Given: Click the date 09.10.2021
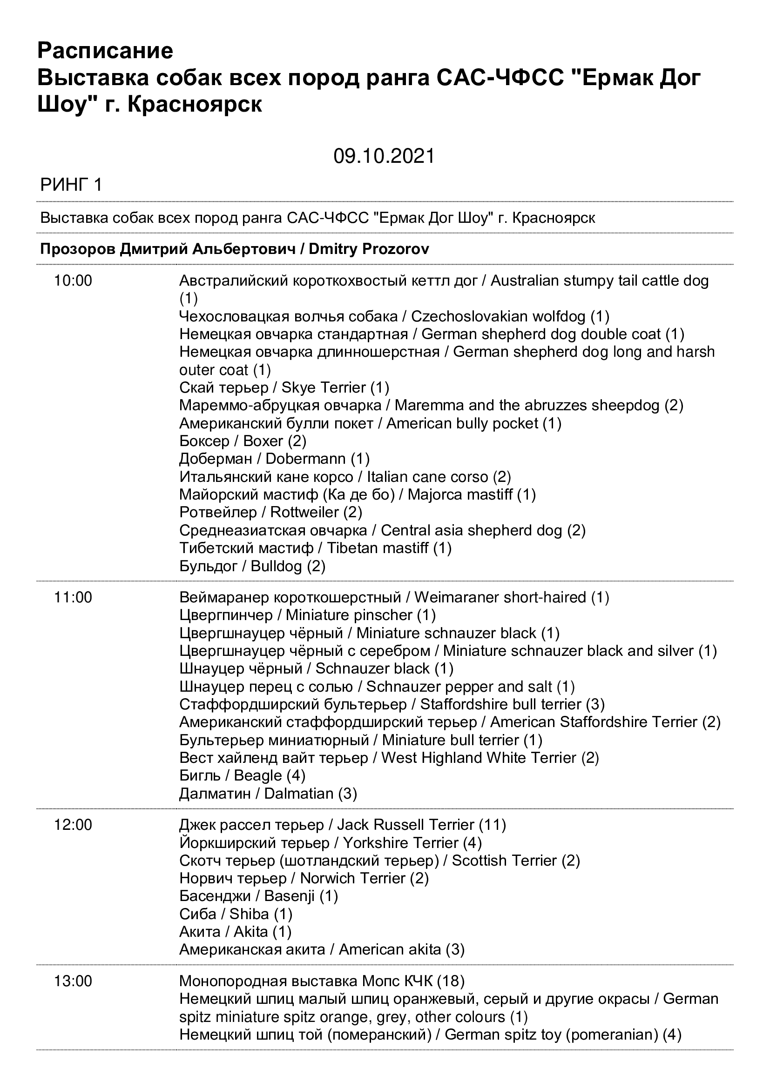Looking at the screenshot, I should (x=384, y=156).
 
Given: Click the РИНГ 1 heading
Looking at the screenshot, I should (x=71, y=185).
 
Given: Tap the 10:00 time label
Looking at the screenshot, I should (x=73, y=281).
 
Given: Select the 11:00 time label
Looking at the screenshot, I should (x=73, y=598).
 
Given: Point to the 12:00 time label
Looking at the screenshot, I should (x=73, y=825).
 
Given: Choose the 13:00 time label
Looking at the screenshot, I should (x=73, y=981).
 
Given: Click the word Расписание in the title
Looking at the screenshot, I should (x=105, y=51).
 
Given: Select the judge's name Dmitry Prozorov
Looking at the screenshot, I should (x=369, y=249).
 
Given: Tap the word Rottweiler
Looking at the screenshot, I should (x=304, y=512).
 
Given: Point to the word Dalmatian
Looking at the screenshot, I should (x=299, y=794).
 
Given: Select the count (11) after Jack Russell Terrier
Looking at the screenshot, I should (x=492, y=825).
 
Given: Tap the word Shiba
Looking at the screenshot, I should (x=249, y=914).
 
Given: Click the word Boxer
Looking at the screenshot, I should (x=263, y=441).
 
